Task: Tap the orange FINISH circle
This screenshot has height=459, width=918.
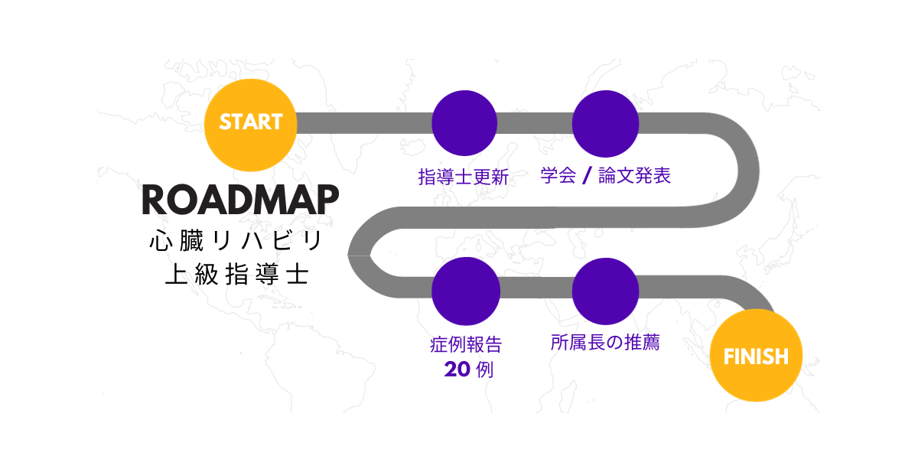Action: tap(756, 356)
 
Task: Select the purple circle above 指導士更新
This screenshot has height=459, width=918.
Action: tap(464, 122)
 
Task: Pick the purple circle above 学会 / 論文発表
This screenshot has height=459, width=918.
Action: tap(605, 122)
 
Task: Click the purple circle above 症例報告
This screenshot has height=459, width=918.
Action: tap(465, 291)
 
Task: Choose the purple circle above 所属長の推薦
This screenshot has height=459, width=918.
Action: tap(605, 291)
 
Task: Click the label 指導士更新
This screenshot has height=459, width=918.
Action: tap(464, 177)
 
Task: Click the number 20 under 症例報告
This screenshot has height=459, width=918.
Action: tap(457, 370)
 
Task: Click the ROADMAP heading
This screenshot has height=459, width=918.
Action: tap(240, 200)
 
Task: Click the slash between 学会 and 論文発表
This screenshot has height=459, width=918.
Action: tap(586, 177)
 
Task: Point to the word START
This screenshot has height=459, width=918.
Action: tap(251, 122)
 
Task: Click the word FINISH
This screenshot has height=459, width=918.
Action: tap(756, 356)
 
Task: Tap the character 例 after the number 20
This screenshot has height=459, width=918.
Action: tap(484, 371)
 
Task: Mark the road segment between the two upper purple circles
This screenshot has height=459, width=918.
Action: tap(535, 122)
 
